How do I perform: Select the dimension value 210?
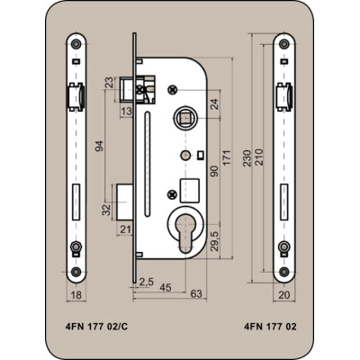(x=258, y=157)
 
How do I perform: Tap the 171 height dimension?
(x=228, y=157)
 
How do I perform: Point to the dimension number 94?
(x=100, y=146)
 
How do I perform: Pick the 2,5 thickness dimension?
(x=147, y=282)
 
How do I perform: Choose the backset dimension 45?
(x=166, y=287)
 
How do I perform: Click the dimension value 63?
(x=196, y=293)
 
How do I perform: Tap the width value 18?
(x=76, y=295)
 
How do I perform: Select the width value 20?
(x=284, y=295)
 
